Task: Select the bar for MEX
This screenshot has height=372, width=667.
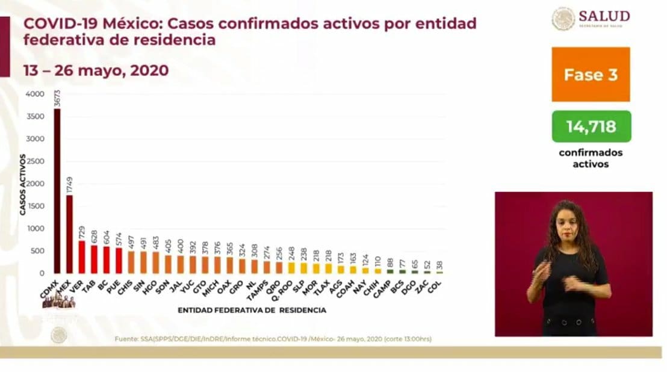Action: coord(69,234)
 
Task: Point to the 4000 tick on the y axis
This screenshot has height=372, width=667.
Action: coord(35,95)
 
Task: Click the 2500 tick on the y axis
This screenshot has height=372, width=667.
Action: coord(35,162)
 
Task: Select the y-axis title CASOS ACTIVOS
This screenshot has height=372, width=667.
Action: coord(22,184)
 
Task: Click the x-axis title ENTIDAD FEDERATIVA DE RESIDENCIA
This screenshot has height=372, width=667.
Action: coord(252,311)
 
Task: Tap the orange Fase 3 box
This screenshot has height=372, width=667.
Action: coord(591,75)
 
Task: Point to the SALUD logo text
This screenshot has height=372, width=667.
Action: coord(604,16)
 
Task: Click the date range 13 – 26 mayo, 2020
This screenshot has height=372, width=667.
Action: coord(96,70)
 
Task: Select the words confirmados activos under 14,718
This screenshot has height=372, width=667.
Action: coord(591,158)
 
